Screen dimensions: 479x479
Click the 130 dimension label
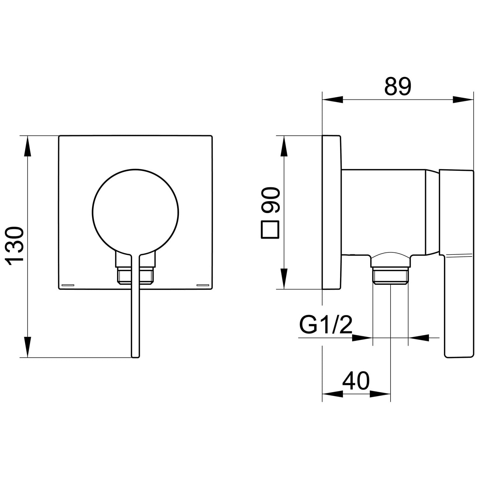coord(15,246)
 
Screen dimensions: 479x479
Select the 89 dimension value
coord(398,86)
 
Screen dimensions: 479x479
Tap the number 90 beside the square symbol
coord(270,200)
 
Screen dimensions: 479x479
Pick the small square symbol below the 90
coord(270,229)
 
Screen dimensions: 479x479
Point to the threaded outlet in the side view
coord(391,275)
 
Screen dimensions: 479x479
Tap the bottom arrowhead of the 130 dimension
coord(28,347)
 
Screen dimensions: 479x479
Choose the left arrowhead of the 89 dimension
coord(332,99)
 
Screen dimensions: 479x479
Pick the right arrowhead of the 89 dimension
coord(463,99)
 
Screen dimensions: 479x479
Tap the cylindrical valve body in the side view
coord(384,212)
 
